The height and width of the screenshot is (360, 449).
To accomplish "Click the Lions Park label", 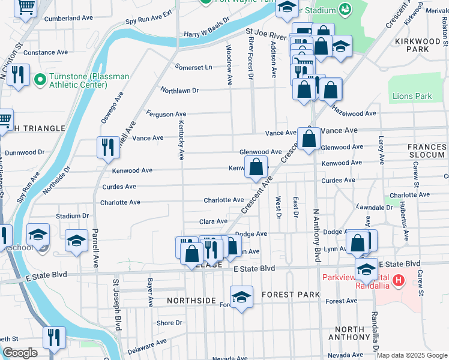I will (x=412, y=96).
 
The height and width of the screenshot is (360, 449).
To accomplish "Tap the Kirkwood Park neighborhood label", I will (x=418, y=45).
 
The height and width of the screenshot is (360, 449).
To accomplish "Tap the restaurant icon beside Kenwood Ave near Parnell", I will (x=108, y=147).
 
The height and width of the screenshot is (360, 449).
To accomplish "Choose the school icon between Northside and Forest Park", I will (x=241, y=297).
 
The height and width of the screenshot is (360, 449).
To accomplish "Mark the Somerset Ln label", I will (x=193, y=67).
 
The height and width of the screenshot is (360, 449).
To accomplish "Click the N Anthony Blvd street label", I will (x=316, y=235).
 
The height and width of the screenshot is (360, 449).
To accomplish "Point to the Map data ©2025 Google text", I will (x=411, y=355).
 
